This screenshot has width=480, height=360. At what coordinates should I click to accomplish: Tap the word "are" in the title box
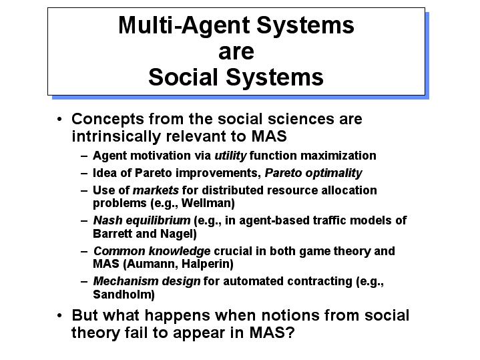pyautogui.click(x=236, y=52)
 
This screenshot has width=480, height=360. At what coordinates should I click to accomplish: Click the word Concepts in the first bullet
pyautogui.click(x=107, y=120)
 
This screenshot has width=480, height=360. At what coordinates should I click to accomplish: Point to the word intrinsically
pyautogui.click(x=116, y=136)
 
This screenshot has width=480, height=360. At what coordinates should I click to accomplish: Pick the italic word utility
pyautogui.click(x=230, y=156)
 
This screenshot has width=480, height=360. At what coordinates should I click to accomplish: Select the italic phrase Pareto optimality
pyautogui.click(x=313, y=174)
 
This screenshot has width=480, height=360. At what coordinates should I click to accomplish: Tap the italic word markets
pyautogui.click(x=156, y=190)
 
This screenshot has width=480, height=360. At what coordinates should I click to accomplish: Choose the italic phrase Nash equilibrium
pyautogui.click(x=142, y=220)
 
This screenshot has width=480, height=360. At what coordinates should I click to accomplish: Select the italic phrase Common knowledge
pyautogui.click(x=152, y=251)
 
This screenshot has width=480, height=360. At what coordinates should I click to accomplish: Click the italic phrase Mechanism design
pyautogui.click(x=147, y=282)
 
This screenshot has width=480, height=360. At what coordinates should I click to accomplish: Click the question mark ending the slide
pyautogui.click(x=290, y=333)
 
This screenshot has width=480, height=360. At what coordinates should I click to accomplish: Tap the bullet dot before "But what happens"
pyautogui.click(x=59, y=315)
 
